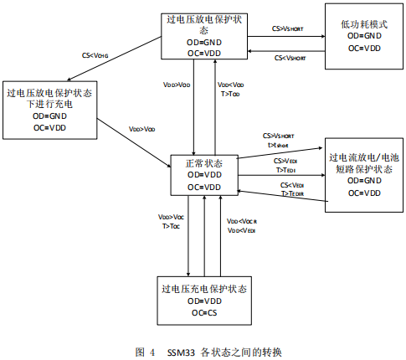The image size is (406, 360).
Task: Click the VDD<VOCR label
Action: [x=243, y=221]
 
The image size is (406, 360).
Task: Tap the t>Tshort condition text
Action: [x=278, y=143]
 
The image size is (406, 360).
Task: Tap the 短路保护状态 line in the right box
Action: [x=358, y=168]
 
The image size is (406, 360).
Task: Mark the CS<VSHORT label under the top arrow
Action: [x=290, y=58]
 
